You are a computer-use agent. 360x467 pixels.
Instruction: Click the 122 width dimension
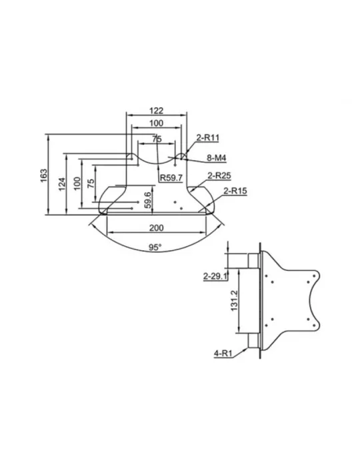click(x=156, y=111)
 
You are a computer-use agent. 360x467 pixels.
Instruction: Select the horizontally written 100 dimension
click(x=156, y=123)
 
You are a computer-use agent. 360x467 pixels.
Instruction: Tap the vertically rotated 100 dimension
click(x=77, y=183)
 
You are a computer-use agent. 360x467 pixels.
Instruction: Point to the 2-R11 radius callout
click(x=208, y=138)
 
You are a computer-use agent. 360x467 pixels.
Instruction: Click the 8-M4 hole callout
click(x=217, y=158)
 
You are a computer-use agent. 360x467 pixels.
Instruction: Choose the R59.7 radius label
click(x=171, y=178)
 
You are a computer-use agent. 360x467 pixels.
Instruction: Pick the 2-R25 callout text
click(x=219, y=175)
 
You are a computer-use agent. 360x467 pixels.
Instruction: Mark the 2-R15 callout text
click(x=235, y=191)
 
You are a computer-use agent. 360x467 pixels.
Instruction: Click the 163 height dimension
click(x=44, y=175)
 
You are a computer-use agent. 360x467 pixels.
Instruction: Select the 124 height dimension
click(x=62, y=184)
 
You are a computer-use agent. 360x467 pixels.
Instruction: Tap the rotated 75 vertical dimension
click(x=91, y=183)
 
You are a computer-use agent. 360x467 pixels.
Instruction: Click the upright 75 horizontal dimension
click(x=157, y=139)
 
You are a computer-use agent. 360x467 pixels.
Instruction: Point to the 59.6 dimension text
click(x=147, y=200)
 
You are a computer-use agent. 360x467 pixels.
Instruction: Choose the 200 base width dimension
click(x=156, y=228)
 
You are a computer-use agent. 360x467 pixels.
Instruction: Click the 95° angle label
click(x=155, y=248)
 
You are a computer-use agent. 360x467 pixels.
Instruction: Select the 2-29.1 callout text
click(x=215, y=276)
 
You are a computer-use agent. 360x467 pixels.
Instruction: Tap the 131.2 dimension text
click(x=234, y=301)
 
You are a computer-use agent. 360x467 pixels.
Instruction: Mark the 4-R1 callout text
click(x=223, y=354)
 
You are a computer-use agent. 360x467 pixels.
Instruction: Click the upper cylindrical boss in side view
click(x=253, y=261)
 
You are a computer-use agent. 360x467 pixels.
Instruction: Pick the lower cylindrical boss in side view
click(x=253, y=340)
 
